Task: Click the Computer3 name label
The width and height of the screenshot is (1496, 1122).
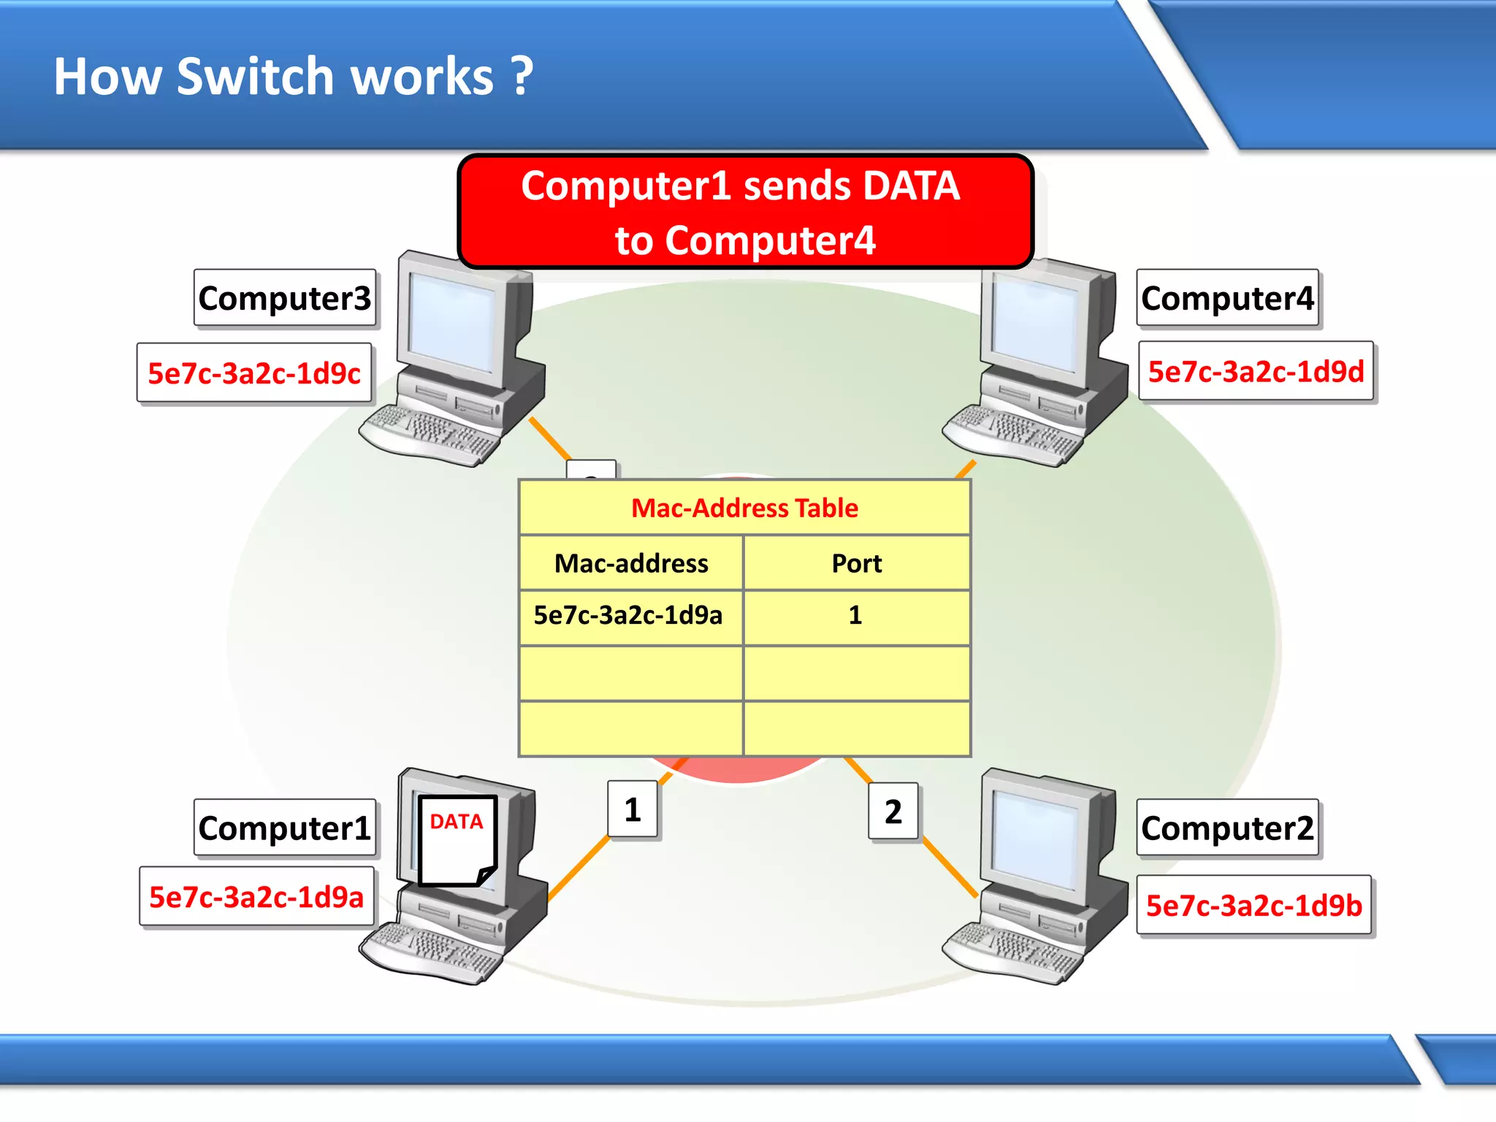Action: [x=284, y=298]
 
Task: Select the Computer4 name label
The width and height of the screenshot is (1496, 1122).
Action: [x=1227, y=298]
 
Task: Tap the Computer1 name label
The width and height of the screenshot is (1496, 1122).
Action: [x=284, y=828]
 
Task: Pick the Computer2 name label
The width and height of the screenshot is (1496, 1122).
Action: [x=1227, y=828]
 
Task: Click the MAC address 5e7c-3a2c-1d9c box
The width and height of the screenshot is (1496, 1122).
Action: [x=254, y=373]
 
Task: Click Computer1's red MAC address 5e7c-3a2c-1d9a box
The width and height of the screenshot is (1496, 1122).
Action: [x=256, y=897]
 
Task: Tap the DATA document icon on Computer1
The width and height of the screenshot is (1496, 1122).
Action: [x=457, y=840]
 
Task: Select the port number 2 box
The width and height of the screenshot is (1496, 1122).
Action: [x=893, y=812]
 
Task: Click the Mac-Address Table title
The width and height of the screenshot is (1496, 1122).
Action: [x=744, y=508]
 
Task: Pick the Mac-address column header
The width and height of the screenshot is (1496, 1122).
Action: [x=631, y=563]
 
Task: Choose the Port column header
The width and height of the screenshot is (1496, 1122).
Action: [x=856, y=563]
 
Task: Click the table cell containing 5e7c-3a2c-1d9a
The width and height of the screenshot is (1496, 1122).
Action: [x=628, y=615]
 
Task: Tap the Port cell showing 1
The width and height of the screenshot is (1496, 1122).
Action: [x=855, y=615]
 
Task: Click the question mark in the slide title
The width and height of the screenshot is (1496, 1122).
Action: [x=522, y=76]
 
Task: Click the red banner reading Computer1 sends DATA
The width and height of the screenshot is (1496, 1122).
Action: [x=744, y=212]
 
